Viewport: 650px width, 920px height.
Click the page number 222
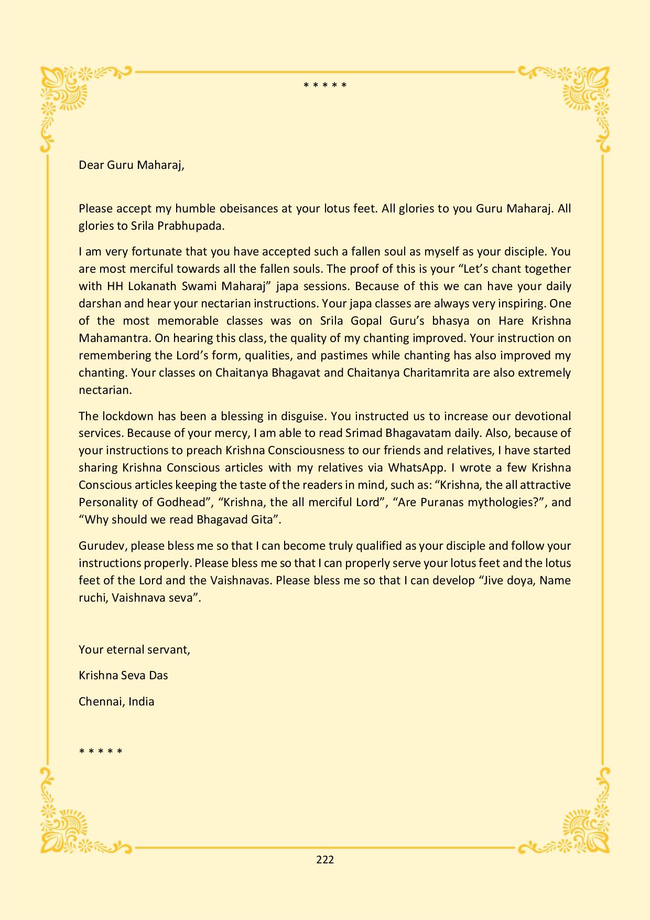(325, 859)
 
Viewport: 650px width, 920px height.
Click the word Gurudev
(102, 545)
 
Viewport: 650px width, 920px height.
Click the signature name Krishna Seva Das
(123, 675)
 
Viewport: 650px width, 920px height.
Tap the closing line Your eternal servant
(134, 649)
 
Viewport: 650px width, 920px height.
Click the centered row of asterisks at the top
(325, 85)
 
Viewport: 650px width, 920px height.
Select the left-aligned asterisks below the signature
(101, 751)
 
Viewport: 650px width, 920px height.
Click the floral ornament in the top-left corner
(66, 94)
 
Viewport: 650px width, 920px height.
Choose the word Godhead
(181, 502)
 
